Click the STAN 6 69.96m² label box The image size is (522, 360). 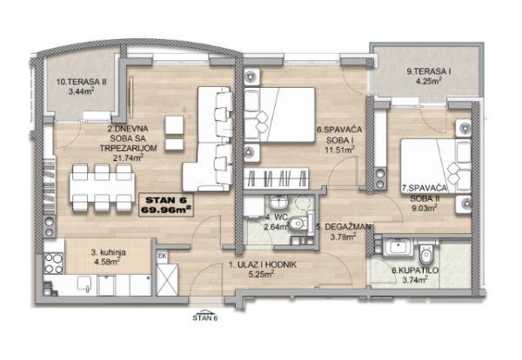pos(166,205)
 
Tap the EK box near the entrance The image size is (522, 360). pos(162,257)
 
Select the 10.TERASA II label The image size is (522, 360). pos(81,82)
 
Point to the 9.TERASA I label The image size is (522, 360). pos(428,71)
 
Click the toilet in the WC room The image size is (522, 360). pos(298,223)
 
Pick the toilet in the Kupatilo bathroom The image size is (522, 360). pos(425,256)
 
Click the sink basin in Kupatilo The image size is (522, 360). pos(398,247)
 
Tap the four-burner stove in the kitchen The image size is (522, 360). pos(54,263)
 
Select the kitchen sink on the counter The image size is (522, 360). pos(84,283)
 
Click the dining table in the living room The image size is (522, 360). pos(102,187)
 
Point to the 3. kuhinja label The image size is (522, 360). pos(109,252)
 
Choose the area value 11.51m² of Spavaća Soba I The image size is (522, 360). pos(339,150)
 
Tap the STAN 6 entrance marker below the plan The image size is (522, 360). pos(205,316)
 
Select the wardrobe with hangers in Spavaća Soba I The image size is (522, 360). pos(276,178)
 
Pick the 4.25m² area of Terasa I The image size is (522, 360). pos(428,81)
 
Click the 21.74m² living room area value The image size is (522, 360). pos(128,157)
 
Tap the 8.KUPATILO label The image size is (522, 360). pos(415,270)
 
